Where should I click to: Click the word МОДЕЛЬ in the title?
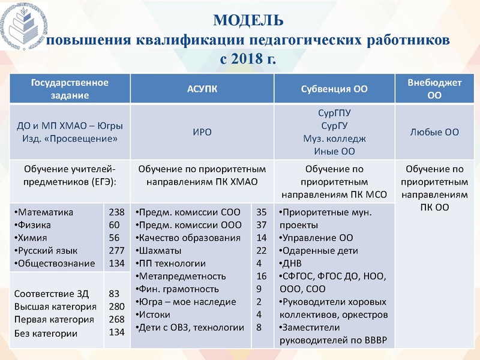point(248,21)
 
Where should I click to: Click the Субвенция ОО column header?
point(334,89)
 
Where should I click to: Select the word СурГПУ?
point(334,112)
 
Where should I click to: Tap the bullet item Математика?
point(45,212)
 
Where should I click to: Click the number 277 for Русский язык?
point(116,251)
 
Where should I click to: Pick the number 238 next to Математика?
point(116,212)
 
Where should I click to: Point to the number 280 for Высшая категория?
point(116,307)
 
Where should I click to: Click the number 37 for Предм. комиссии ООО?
point(261,225)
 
